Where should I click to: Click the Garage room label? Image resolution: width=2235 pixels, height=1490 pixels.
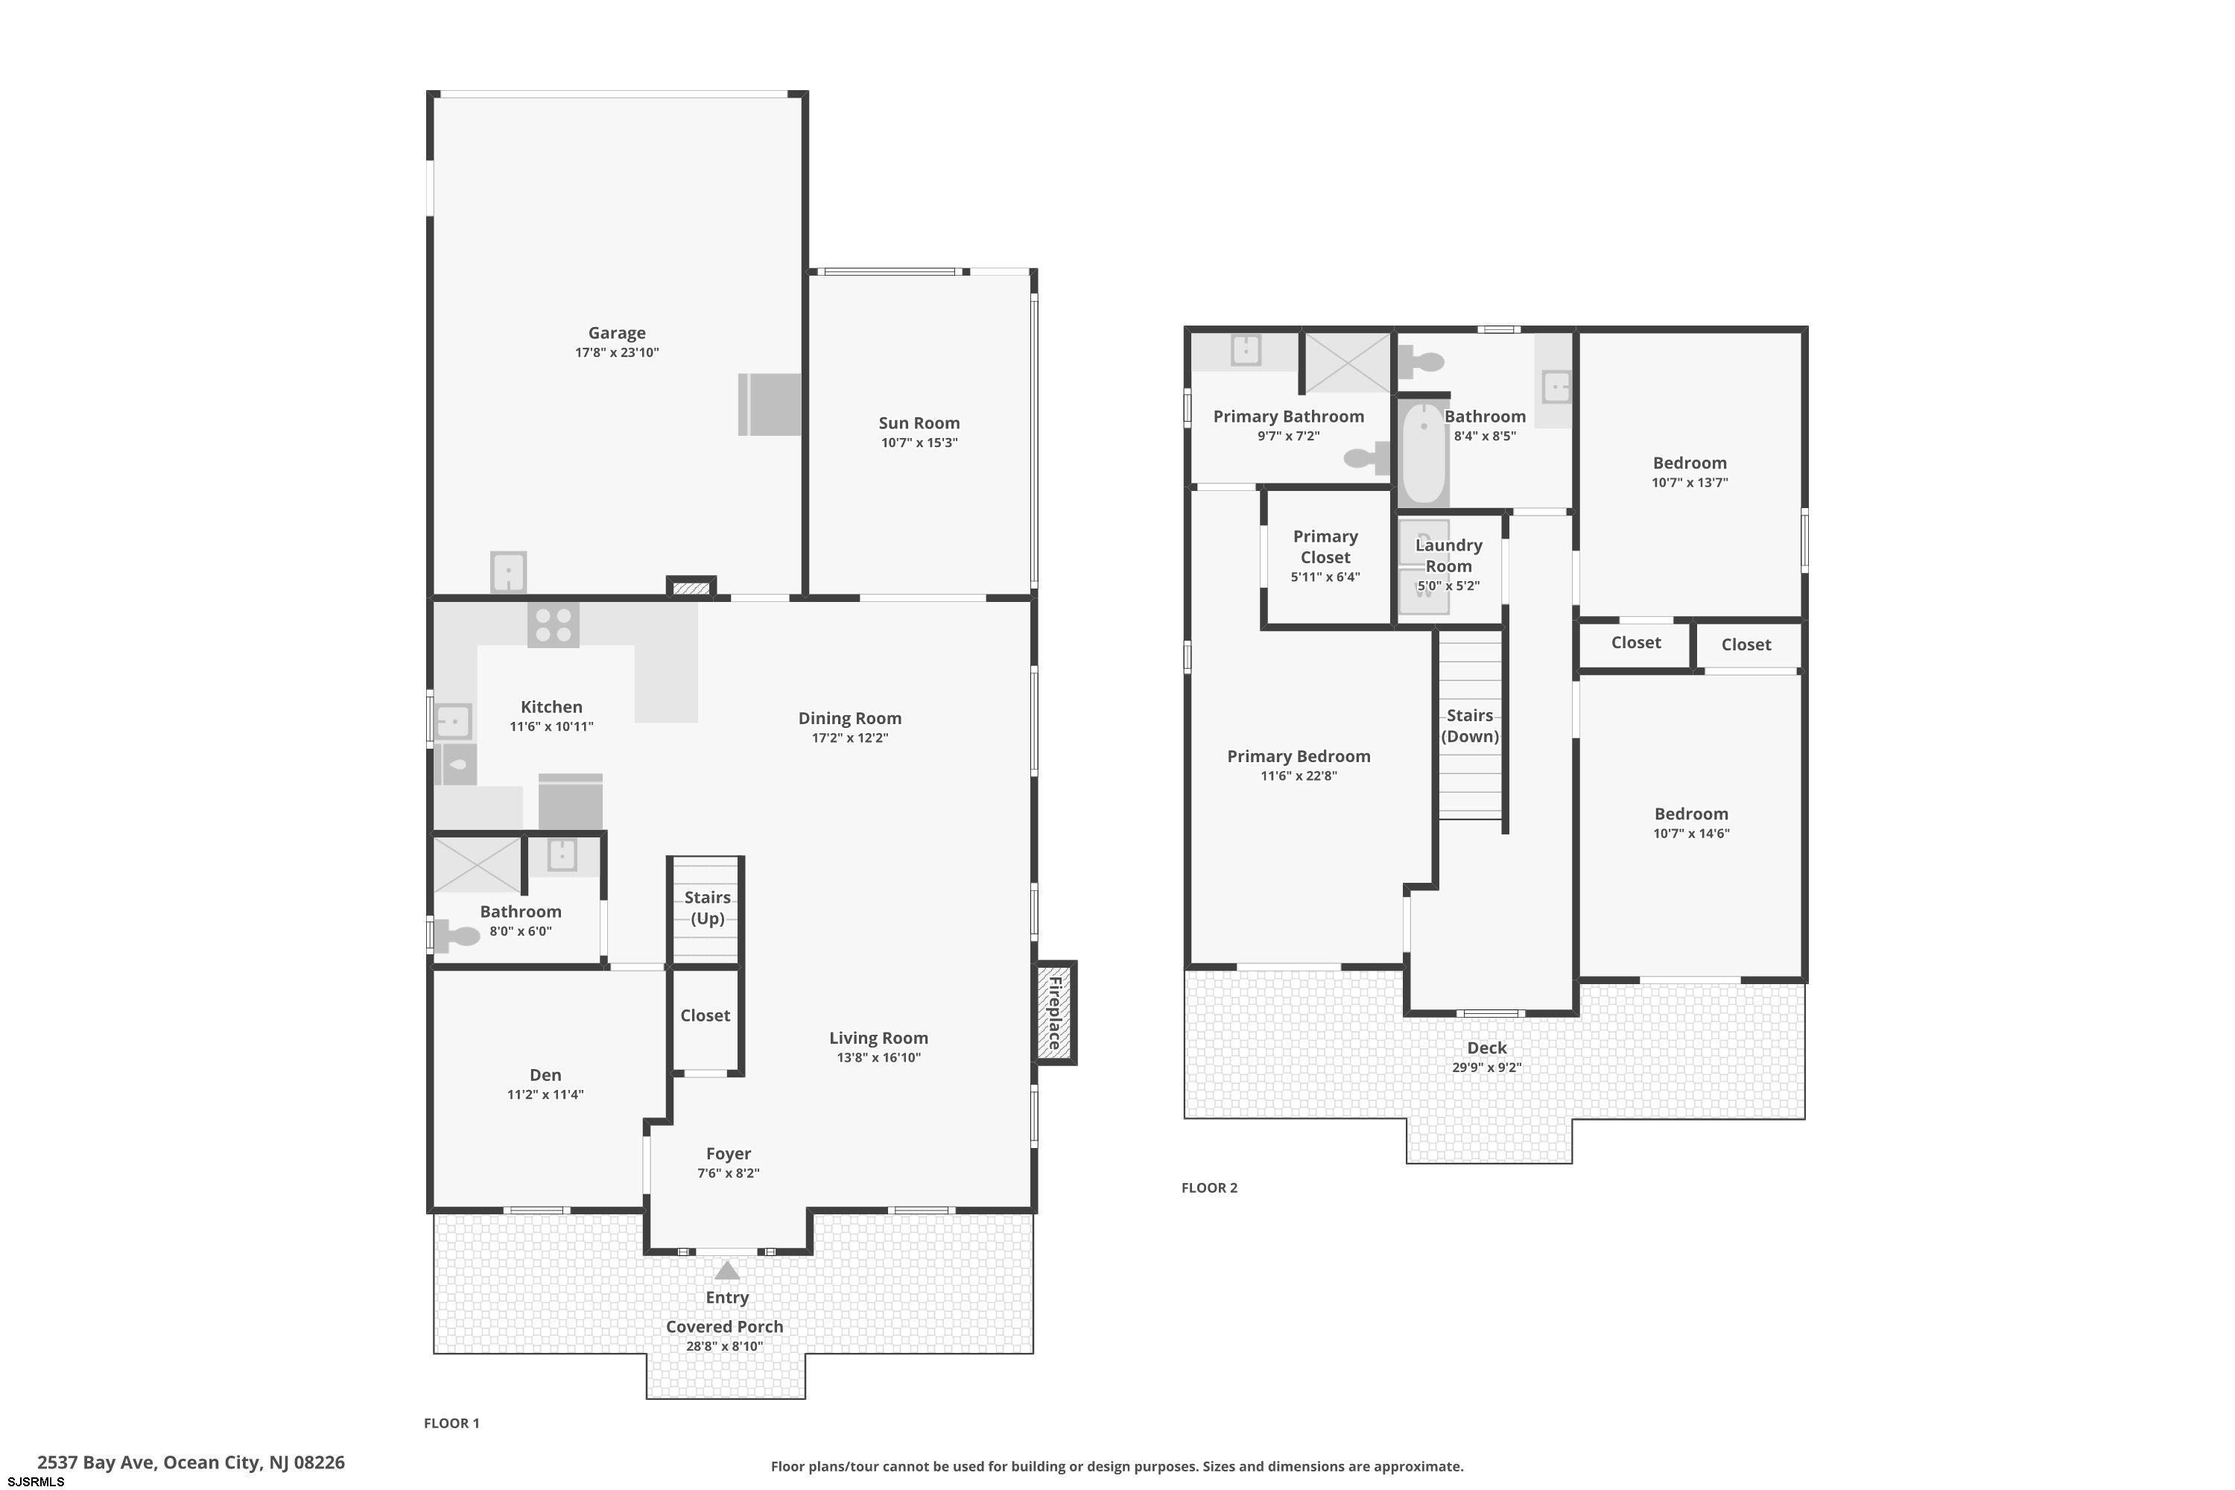617,332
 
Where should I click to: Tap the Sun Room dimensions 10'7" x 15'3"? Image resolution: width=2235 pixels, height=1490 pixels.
919,443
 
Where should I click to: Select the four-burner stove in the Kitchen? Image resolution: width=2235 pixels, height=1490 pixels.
553,624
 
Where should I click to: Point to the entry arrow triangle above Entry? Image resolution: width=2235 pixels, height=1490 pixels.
727,1270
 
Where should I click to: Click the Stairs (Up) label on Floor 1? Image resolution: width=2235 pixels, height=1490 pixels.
708,907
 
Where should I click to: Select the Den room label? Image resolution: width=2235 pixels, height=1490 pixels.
545,1075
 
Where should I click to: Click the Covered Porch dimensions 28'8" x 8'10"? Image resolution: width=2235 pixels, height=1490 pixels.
725,1345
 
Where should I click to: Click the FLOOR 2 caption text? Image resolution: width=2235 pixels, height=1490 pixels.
1210,1187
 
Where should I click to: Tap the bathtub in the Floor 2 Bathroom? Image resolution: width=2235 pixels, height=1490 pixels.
1424,453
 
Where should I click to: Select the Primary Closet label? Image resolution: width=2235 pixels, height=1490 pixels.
1325,546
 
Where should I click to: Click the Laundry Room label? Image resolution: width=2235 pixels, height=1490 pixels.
1449,555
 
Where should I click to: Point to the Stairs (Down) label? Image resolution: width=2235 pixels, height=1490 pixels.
1470,726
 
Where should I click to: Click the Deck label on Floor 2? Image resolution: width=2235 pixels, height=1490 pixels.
1487,1047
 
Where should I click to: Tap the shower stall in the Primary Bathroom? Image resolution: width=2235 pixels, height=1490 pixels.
1348,361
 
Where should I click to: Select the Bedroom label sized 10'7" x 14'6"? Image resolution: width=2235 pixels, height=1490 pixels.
1691,814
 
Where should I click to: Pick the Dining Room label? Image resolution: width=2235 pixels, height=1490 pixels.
849,718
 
